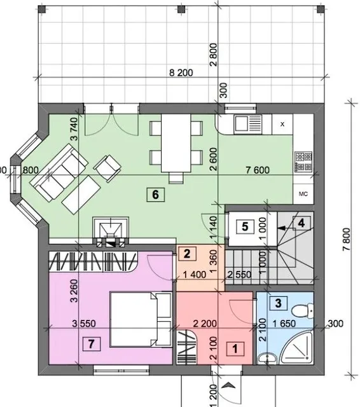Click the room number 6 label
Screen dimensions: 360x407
coord(155,195)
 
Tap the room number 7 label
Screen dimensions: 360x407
coord(92,344)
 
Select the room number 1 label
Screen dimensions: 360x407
coord(235,348)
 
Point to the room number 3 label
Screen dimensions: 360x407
coord(278,303)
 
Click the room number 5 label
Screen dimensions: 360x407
coord(245,226)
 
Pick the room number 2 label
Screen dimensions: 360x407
coord(187,254)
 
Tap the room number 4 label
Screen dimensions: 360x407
coord(301,223)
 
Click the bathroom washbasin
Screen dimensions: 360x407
coord(267,359)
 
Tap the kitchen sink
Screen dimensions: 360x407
coord(248,124)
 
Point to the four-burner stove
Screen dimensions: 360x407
coord(303,162)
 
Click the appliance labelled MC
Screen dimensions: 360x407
coord(303,193)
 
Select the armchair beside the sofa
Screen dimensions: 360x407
coord(107,169)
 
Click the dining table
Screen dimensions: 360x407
coord(176,142)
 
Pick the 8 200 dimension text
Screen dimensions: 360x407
coord(181,72)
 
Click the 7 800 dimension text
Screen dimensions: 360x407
coord(347,239)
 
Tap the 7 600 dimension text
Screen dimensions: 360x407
coord(258,170)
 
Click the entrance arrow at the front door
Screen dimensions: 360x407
coord(229,385)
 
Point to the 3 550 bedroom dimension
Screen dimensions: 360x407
coord(84,324)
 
